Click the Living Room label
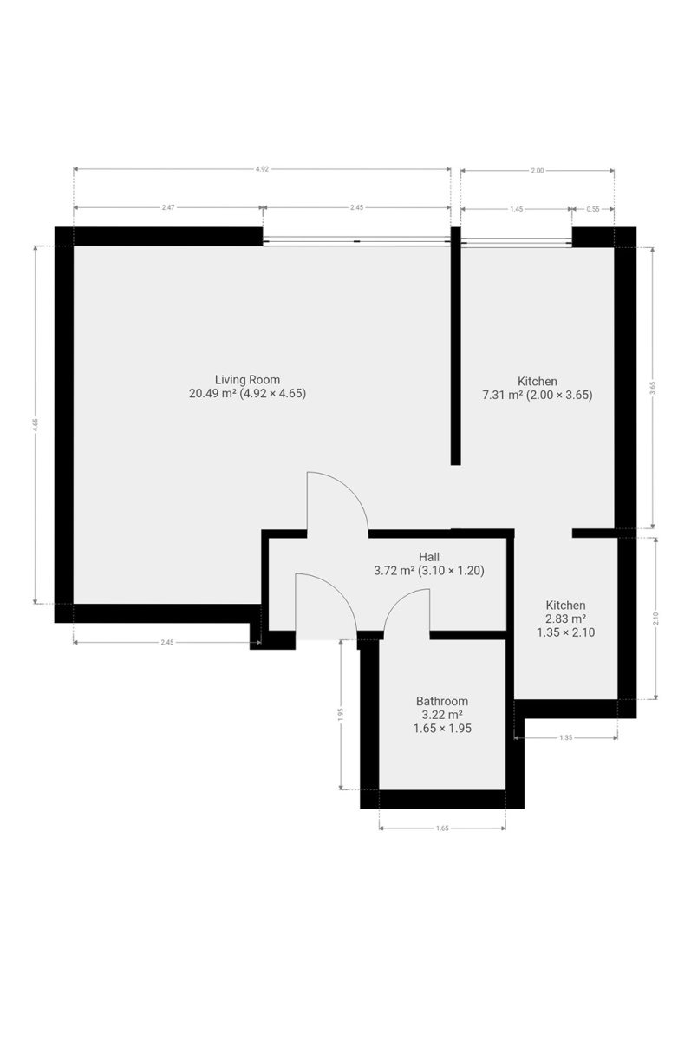click(x=247, y=380)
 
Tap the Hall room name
click(x=428, y=557)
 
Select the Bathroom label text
click(x=441, y=701)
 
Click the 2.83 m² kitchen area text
click(x=565, y=619)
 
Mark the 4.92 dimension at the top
click(x=262, y=169)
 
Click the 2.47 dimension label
click(x=167, y=207)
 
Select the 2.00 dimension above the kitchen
click(x=537, y=171)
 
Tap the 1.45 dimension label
click(x=517, y=209)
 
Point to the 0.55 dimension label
click(x=592, y=209)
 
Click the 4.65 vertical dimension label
click(x=36, y=425)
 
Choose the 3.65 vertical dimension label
click(x=653, y=387)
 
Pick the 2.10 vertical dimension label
click(x=655, y=618)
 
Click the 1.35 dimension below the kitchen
click(x=565, y=737)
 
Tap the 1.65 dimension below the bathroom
click(x=442, y=828)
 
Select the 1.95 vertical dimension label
click(x=341, y=714)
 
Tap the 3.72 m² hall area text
click(x=394, y=570)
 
